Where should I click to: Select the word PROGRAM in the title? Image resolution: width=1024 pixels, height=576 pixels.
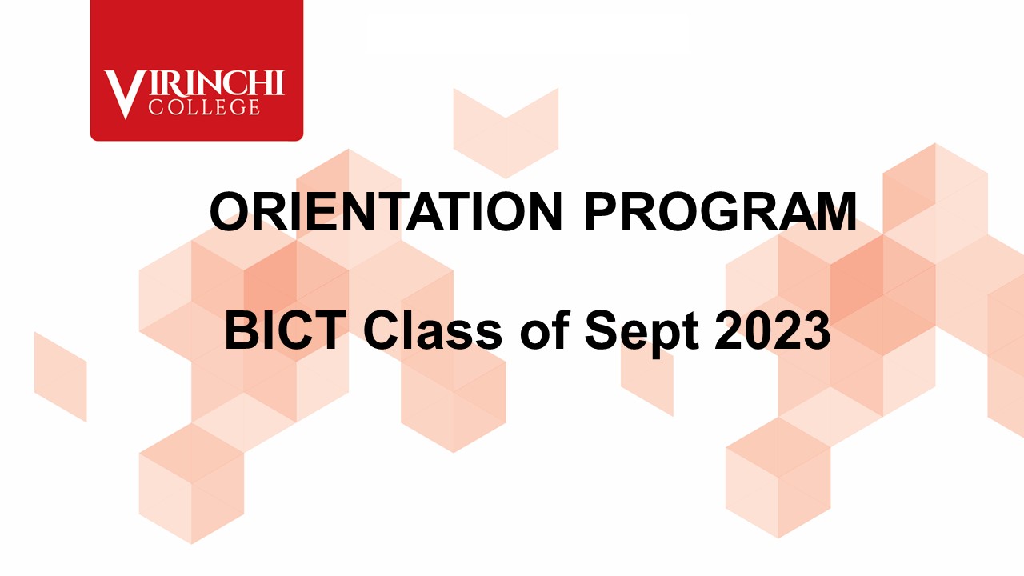[x=721, y=212]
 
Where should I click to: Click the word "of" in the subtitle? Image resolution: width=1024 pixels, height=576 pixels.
[x=545, y=330]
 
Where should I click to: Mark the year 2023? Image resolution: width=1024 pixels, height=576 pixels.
[x=773, y=330]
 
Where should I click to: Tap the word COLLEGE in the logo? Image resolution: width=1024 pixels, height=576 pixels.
[x=204, y=107]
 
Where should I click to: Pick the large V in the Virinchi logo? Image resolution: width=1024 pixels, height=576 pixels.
[x=122, y=94]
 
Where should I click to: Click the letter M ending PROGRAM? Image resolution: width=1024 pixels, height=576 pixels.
[x=834, y=212]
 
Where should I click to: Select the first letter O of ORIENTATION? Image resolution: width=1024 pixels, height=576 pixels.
[x=230, y=212]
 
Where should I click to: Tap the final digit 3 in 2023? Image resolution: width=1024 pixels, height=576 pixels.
[x=817, y=330]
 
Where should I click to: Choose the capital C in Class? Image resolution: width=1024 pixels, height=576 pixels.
[x=382, y=330]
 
